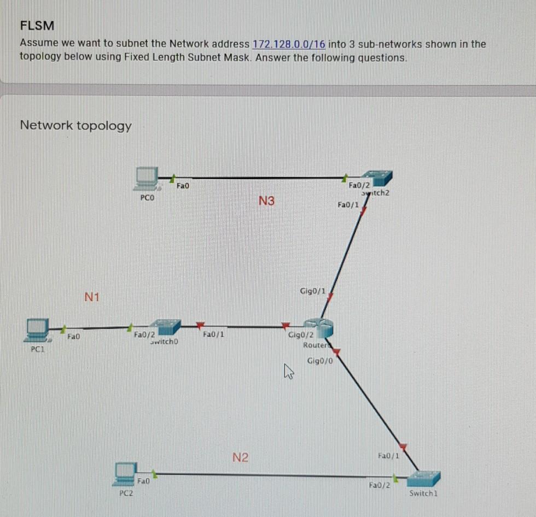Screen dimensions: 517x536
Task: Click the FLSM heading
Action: click(37, 25)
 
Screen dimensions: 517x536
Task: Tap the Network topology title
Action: click(75, 126)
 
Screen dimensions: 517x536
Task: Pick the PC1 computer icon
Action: click(38, 330)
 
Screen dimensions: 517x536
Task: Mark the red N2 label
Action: click(240, 457)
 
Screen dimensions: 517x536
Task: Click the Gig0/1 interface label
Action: click(312, 290)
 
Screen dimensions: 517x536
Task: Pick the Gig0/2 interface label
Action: click(301, 335)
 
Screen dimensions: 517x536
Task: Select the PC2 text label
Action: click(126, 493)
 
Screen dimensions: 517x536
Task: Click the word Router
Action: click(314, 345)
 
